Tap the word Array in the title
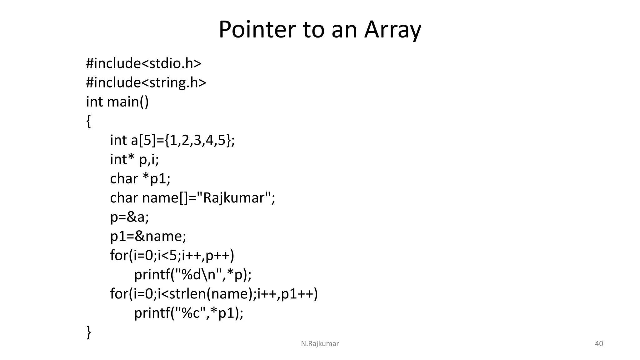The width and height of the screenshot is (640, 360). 392,30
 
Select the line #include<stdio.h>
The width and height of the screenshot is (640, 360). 143,63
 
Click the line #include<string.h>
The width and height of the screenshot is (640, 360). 146,83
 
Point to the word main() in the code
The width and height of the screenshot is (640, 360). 128,102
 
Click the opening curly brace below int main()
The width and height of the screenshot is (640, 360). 88,121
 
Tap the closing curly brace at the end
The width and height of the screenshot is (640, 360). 88,332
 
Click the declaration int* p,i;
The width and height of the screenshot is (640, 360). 134,160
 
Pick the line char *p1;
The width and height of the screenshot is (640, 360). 140,179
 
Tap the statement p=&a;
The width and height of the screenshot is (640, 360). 129,217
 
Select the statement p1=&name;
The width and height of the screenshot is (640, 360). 148,236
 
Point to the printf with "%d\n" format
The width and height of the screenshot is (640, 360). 192,275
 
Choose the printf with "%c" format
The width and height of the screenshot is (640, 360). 188,313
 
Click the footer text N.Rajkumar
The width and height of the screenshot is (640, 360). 320,344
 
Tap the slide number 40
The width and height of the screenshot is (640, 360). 599,344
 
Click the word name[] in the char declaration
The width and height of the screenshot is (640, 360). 164,198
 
